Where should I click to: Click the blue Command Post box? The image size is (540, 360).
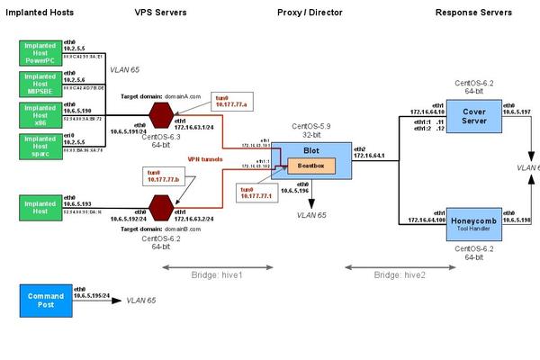pos(45,299)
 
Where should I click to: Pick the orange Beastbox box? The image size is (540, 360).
pos(310,166)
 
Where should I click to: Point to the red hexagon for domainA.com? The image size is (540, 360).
pos(161,115)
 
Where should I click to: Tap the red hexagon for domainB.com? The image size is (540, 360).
pos(161,211)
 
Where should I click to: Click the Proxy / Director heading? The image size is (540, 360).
pos(307,13)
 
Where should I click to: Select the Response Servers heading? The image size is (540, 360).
pos(473,13)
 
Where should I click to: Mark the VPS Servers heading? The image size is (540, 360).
pos(161,13)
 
